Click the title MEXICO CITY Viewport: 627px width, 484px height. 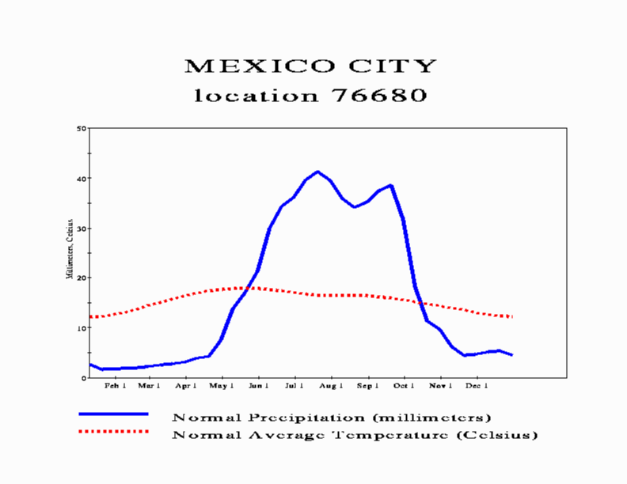coord(310,66)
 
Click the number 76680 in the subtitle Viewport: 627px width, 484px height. coord(374,96)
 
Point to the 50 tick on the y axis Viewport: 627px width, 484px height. coord(82,128)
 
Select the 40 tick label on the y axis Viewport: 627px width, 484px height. coord(82,179)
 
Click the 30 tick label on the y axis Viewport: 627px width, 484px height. coord(82,229)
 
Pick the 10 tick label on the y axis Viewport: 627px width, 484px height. coord(82,327)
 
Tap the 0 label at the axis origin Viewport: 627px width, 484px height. coord(84,377)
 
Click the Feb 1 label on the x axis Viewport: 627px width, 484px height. coord(116,387)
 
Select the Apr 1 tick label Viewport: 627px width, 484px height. coord(185,387)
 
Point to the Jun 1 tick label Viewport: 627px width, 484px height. coord(258,387)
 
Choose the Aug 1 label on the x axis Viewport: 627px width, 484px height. coord(331,387)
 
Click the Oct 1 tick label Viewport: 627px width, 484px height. coord(404,387)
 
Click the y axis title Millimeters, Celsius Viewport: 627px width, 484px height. coord(70,249)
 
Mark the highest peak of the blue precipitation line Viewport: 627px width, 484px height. coord(318,172)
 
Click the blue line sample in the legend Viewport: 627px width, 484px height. coord(113,414)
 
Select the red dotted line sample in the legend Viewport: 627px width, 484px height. coord(113,432)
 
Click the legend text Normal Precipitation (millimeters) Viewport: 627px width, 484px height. coord(332,417)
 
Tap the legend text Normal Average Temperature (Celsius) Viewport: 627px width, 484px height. coord(355,435)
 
